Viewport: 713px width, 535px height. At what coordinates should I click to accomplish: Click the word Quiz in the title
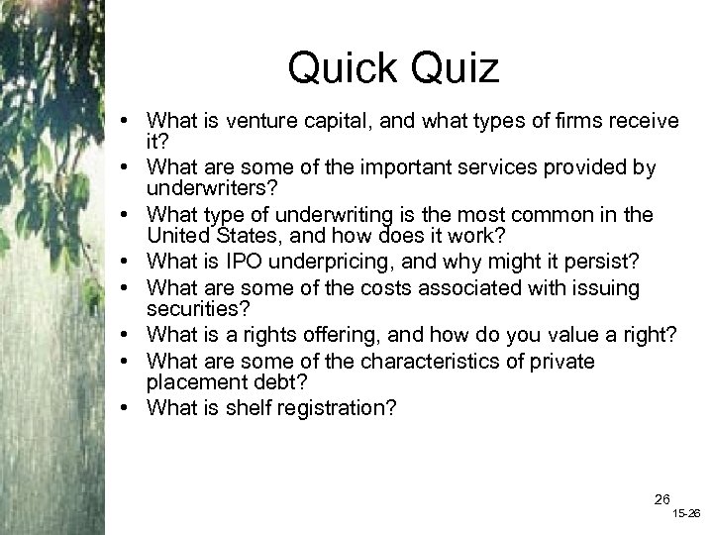click(452, 69)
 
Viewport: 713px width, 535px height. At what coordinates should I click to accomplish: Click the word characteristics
click(433, 362)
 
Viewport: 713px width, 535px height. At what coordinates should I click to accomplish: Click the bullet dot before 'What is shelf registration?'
click(131, 407)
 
